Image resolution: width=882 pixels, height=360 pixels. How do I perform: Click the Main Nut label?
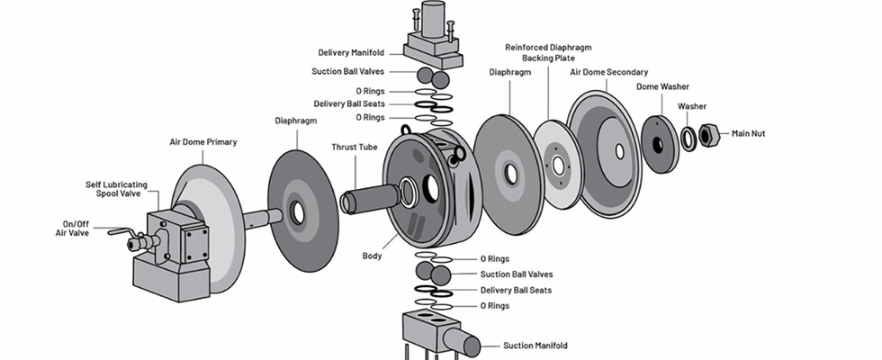pos(753,134)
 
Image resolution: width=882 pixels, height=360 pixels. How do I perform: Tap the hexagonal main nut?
pos(708,136)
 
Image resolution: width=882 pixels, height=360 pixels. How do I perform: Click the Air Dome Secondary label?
pos(609,72)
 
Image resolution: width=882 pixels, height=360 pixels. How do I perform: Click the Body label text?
pos(373,256)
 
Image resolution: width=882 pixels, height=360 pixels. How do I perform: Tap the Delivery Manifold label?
pos(353,52)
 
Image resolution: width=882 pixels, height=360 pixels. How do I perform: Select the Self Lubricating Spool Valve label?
pos(114,189)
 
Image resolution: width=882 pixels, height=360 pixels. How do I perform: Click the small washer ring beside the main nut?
pos(688,139)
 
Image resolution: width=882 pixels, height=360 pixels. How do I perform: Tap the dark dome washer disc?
pos(660,144)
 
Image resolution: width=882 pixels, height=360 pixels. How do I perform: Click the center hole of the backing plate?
pos(558,166)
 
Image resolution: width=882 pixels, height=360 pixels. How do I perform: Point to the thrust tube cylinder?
pos(369,198)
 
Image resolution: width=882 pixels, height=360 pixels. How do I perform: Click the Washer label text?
pos(692,106)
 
